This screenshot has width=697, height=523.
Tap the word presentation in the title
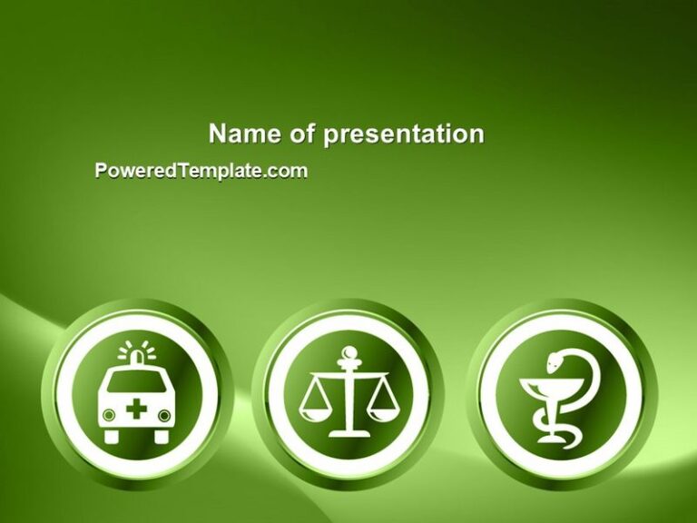coord(404,135)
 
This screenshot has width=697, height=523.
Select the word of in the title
coord(302,134)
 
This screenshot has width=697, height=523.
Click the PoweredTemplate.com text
coord(201,171)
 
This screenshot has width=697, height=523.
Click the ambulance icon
coord(136,394)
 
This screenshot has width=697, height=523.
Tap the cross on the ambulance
coord(136,410)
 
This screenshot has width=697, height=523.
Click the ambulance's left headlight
coord(109,415)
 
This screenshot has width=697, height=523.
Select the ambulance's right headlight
coord(164,415)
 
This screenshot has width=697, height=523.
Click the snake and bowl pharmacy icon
coord(559,396)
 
